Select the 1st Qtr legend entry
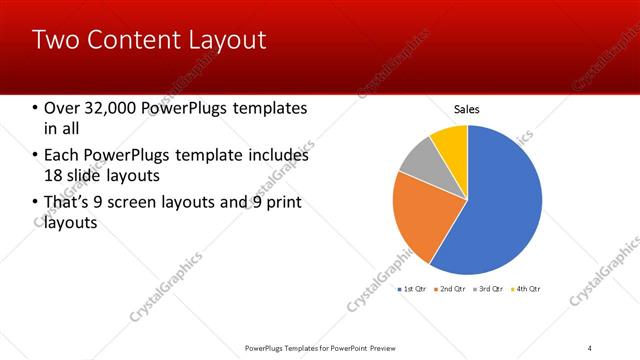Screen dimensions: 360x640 [x=413, y=289]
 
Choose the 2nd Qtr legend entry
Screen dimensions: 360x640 [x=452, y=289]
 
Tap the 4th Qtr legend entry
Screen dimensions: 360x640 [x=527, y=289]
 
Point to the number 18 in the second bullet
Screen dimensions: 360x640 [x=54, y=175]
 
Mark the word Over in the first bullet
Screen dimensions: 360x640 [x=62, y=108]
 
